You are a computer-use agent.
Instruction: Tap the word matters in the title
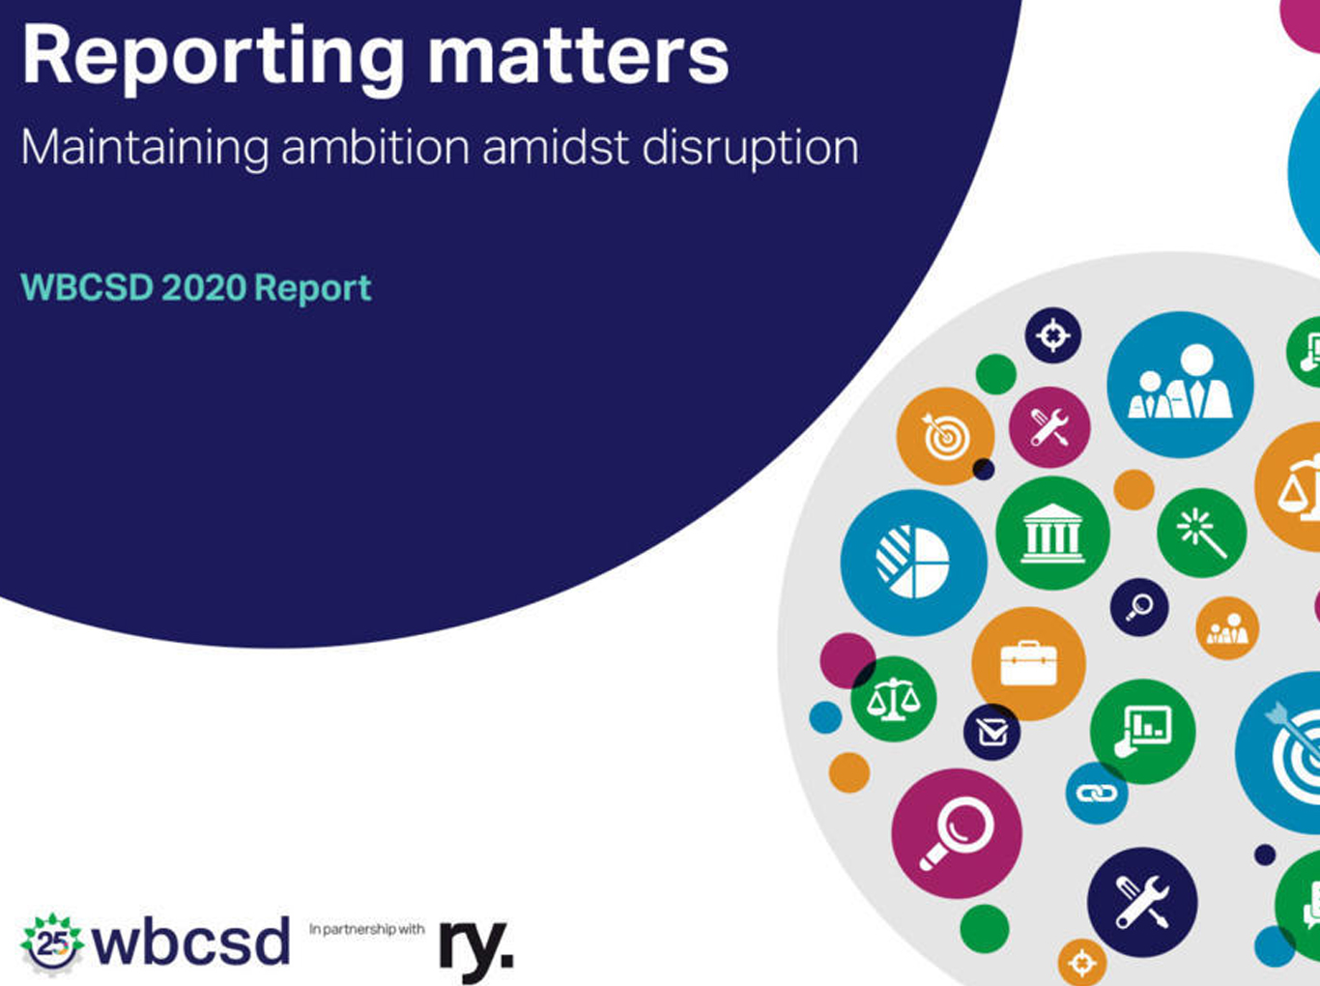(578, 55)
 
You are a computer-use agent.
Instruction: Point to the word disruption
(751, 149)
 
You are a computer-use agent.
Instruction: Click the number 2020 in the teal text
(204, 287)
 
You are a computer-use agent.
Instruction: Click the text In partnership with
(367, 930)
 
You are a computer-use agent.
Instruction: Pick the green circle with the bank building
(1052, 533)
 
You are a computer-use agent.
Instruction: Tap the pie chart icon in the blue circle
(912, 563)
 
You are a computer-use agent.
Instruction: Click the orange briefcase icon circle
(1028, 663)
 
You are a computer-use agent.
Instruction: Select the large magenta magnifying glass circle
(957, 834)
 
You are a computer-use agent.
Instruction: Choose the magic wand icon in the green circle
(1201, 533)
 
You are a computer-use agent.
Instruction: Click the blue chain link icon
(1096, 794)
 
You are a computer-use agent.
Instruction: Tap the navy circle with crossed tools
(1142, 902)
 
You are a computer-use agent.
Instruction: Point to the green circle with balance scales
(894, 699)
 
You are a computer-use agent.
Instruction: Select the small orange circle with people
(1227, 628)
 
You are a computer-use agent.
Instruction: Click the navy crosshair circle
(1053, 335)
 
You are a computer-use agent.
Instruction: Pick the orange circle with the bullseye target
(945, 436)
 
